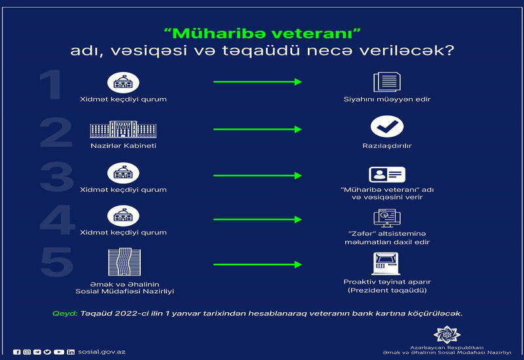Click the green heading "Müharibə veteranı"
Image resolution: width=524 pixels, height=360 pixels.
263,33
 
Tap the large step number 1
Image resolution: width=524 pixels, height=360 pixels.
51,84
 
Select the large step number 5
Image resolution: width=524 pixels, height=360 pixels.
57,262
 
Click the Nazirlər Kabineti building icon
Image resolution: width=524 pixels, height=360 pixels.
123,129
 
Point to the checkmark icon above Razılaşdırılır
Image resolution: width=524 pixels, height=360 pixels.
387,126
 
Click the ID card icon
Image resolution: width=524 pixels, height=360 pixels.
387,174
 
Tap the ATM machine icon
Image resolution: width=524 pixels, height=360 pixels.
386,264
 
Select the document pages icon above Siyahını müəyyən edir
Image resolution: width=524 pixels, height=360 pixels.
387,82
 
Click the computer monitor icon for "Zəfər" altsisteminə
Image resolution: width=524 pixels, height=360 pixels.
387,218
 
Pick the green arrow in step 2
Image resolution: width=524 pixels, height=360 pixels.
257,129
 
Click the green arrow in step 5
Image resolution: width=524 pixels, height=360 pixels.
257,264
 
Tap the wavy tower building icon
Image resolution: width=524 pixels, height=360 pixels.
124,262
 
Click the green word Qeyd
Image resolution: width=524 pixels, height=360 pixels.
65,314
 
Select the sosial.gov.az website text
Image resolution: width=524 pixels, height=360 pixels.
102,351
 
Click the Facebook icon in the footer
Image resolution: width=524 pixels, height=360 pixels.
17,352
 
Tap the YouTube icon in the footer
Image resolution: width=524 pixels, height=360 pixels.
59,352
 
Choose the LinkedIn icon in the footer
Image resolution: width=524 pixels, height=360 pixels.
71,352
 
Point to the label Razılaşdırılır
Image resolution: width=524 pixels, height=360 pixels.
387,145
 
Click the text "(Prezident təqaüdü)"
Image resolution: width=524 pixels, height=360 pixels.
387,290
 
